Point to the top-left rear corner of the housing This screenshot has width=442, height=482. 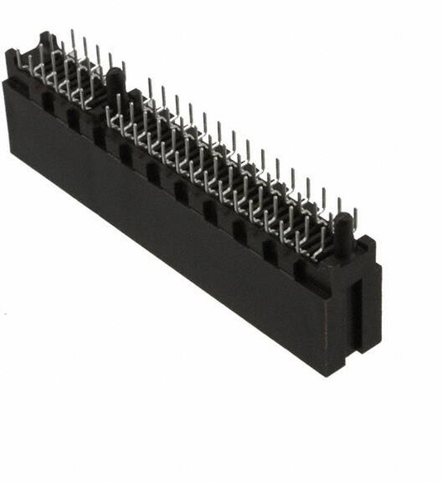point(10,53)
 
